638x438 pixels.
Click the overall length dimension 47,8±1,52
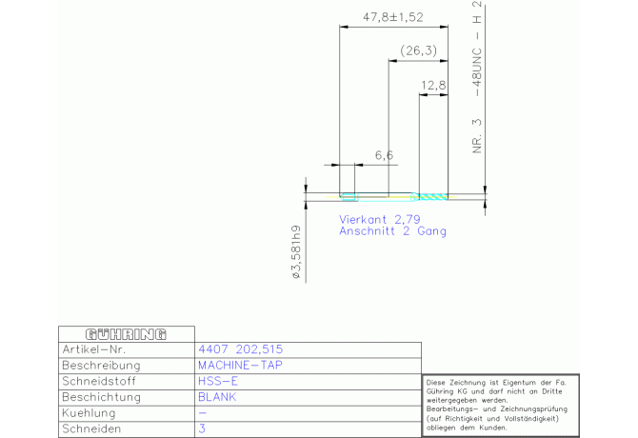coord(393,17)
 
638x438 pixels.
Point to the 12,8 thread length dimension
coord(433,86)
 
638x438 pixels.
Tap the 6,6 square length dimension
coord(384,155)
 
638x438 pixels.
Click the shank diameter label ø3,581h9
coord(296,252)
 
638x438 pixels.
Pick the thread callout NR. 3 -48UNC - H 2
coord(477,77)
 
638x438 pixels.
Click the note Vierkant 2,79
coord(380,220)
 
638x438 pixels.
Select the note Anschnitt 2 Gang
coord(392,231)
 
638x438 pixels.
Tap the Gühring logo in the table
coord(126,334)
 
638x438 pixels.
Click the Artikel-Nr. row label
coord(94,349)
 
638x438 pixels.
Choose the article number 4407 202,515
coord(241,349)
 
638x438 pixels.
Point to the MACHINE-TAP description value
coord(240,366)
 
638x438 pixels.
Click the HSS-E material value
coord(218,381)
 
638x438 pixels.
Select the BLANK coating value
coord(217,397)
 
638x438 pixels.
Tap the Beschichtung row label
coord(101,397)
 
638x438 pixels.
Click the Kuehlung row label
coord(89,413)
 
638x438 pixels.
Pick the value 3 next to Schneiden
coord(202,428)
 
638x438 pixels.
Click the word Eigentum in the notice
coord(518,383)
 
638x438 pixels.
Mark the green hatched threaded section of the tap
coord(433,197)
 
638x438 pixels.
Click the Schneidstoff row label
coord(99,382)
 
